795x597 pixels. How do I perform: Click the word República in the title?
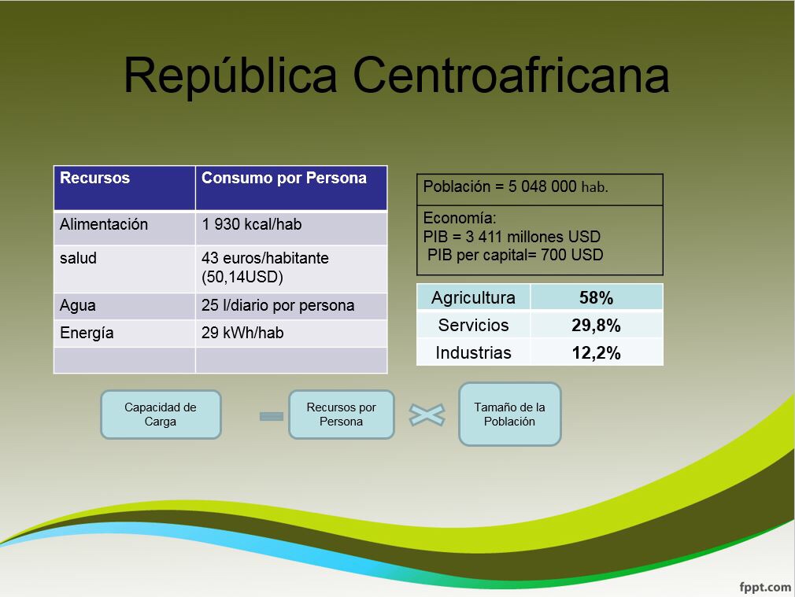pos(231,75)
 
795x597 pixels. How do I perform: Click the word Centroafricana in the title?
pos(511,75)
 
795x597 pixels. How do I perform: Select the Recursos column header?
pos(94,178)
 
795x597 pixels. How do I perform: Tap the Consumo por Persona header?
pos(284,178)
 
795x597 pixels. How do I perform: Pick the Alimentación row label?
pos(104,224)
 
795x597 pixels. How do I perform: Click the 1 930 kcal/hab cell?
pos(251,224)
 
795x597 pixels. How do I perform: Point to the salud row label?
pos(78,258)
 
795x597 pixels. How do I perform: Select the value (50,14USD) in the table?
pos(242,277)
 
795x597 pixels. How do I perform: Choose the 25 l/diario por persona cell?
pos(278,305)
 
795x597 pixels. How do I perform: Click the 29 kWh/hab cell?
pos(242,333)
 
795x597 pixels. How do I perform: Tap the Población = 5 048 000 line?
pos(516,186)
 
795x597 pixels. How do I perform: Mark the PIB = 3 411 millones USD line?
pos(512,237)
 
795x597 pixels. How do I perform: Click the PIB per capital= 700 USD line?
pos(515,254)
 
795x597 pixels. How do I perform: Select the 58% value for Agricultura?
pos(597,298)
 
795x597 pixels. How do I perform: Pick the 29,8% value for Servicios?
pos(597,326)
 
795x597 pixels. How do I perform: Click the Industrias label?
pos(474,352)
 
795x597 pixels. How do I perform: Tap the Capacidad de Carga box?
pos(161,414)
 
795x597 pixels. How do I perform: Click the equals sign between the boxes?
pos(272,417)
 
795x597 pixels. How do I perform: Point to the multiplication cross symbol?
pos(427,415)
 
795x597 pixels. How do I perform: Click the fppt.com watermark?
pos(764,587)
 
